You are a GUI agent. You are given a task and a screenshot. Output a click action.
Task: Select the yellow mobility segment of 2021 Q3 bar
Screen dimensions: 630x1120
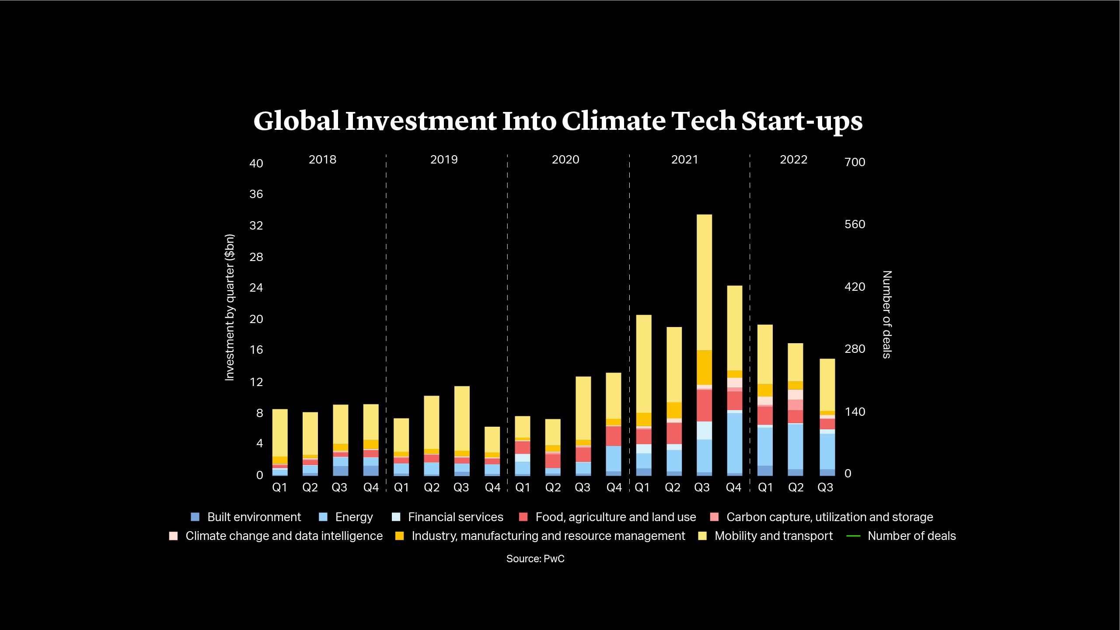coord(704,282)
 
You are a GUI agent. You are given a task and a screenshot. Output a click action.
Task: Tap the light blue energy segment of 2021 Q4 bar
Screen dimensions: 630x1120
coord(734,442)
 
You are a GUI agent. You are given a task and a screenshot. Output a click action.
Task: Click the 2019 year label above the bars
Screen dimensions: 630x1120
coord(444,160)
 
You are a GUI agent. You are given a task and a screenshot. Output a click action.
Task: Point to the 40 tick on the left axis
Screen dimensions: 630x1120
coord(256,164)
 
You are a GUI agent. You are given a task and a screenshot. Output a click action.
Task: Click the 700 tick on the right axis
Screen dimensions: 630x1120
coord(855,162)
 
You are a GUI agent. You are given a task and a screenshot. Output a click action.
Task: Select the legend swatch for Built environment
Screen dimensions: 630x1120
coord(195,517)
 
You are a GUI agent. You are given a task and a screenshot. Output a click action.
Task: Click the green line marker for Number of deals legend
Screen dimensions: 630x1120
coord(853,536)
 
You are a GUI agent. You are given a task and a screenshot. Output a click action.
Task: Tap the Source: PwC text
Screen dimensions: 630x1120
coord(535,559)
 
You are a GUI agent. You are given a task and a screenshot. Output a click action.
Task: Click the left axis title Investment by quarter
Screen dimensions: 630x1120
coord(230,308)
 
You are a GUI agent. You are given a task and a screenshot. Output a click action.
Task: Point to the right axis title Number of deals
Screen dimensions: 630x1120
coord(886,314)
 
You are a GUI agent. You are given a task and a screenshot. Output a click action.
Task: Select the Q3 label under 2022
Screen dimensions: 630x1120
coord(825,487)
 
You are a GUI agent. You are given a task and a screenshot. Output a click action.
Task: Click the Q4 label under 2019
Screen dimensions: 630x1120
coord(492,487)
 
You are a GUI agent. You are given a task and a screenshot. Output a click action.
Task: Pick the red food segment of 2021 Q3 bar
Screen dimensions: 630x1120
coord(704,405)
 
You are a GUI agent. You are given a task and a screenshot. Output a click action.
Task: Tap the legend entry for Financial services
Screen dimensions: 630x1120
coord(455,517)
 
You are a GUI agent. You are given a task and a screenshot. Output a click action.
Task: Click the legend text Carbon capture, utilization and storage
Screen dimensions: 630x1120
coord(829,517)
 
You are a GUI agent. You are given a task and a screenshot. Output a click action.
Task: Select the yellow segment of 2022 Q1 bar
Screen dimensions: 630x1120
coord(765,354)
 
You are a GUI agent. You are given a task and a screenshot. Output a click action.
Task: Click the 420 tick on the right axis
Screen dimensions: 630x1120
coord(855,287)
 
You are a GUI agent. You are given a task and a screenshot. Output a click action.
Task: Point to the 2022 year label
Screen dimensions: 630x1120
coord(793,160)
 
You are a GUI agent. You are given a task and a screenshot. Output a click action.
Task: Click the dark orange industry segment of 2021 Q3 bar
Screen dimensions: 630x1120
coord(704,367)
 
